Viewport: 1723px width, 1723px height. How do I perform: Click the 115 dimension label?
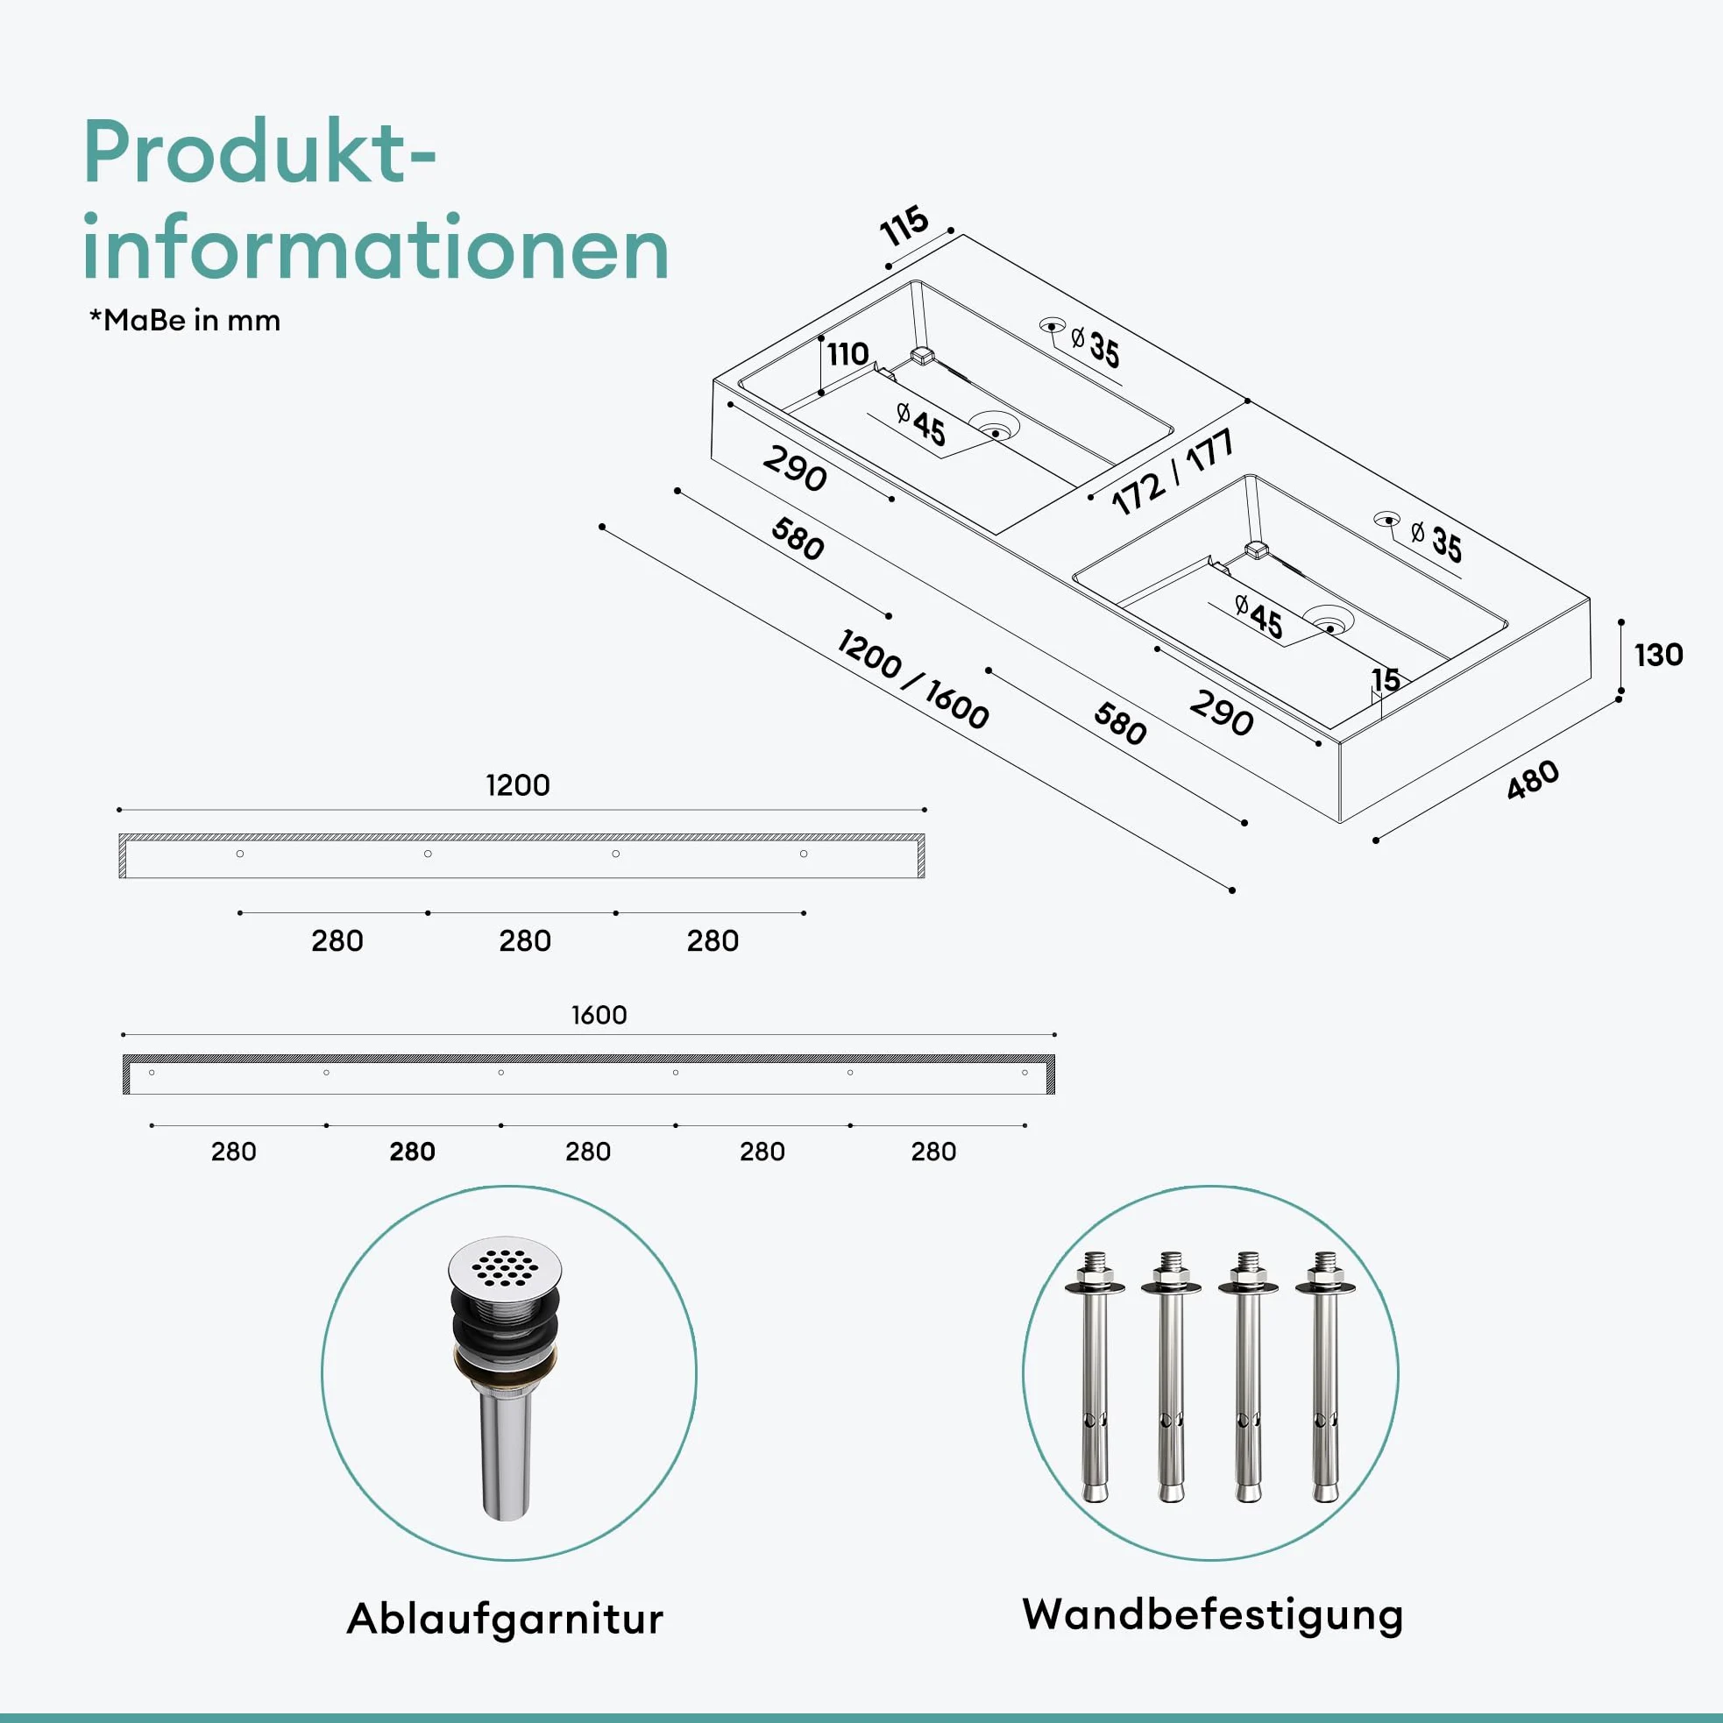tap(904, 226)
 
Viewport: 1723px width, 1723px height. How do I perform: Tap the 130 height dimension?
tap(1658, 655)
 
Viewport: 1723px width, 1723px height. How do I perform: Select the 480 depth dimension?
tap(1533, 779)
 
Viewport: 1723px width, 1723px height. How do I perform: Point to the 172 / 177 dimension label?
tap(1173, 472)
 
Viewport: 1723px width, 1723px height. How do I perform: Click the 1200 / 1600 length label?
tap(913, 679)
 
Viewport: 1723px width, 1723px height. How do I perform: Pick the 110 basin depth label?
tap(847, 354)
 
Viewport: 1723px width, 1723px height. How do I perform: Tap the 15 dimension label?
tap(1386, 679)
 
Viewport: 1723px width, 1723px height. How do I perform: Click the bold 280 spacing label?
tap(412, 1152)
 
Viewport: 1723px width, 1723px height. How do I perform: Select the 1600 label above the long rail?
tap(599, 1015)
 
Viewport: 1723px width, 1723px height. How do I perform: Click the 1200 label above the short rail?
tap(517, 784)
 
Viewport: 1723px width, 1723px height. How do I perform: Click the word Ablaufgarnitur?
tap(505, 1618)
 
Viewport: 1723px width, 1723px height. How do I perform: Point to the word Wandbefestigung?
tap(1212, 1616)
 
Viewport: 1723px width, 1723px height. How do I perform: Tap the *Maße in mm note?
tap(185, 320)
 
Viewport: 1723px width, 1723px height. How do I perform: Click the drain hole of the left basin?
tap(995, 431)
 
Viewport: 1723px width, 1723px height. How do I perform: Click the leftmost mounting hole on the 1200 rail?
tap(240, 854)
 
